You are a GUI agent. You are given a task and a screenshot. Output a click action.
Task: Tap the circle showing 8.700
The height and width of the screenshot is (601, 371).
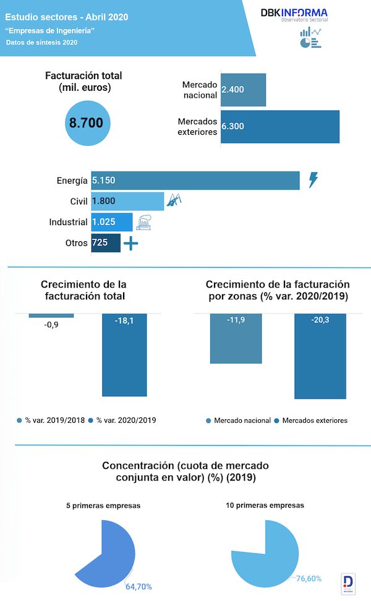point(87,123)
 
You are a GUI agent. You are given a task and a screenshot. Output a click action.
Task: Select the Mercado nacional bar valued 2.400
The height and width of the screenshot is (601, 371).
point(243,90)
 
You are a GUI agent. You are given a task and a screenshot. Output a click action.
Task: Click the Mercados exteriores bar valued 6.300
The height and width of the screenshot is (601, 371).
point(280,126)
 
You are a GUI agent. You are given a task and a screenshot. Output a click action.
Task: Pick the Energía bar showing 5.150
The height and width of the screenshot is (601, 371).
point(195,181)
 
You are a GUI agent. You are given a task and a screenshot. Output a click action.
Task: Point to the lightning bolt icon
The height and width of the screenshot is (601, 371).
point(313,180)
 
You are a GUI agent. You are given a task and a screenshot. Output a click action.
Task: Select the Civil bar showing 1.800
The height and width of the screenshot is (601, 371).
point(127,202)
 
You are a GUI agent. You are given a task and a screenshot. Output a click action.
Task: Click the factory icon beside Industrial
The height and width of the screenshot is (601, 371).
point(144,223)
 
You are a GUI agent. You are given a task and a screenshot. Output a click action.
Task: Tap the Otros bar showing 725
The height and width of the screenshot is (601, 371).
point(106,243)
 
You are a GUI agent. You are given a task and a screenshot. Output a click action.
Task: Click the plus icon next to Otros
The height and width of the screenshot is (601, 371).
point(130,244)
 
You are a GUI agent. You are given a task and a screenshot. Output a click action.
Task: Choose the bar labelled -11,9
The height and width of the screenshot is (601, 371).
point(237,338)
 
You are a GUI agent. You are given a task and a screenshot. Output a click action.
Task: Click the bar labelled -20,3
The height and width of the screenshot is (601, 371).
point(320,356)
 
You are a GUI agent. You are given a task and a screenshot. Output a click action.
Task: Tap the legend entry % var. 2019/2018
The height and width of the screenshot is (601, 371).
point(52,420)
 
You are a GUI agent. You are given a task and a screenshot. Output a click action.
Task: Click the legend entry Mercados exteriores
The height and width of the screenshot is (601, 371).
point(311,420)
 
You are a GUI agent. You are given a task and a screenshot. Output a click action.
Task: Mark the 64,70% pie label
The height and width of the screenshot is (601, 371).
point(139,586)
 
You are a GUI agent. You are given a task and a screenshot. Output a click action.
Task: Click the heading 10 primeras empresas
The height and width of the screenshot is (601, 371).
point(265,505)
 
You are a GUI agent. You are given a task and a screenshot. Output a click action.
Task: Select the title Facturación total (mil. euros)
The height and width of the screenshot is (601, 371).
point(83,82)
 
